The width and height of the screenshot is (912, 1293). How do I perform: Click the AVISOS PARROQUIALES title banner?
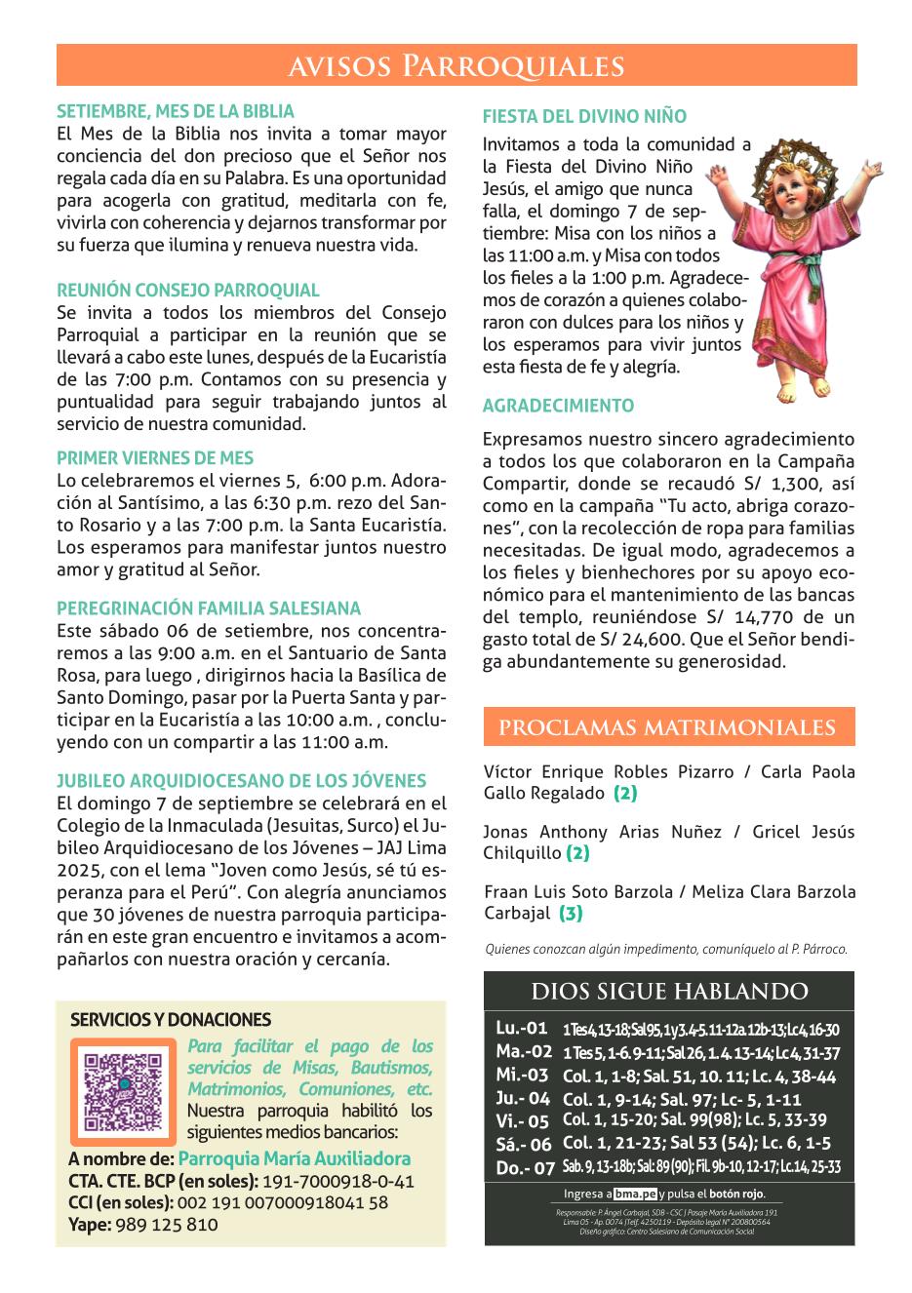(x=456, y=65)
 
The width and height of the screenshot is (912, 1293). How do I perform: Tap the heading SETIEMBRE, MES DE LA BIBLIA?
(x=175, y=112)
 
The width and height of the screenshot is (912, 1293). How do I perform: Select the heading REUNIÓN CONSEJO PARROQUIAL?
(x=188, y=291)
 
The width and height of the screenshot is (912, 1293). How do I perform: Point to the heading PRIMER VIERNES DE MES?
(x=155, y=458)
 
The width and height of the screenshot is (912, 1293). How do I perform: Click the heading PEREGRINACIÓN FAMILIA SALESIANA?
(x=209, y=608)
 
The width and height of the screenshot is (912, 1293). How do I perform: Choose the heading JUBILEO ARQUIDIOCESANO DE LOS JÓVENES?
(x=242, y=781)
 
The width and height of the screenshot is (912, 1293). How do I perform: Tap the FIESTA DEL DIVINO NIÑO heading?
(x=584, y=117)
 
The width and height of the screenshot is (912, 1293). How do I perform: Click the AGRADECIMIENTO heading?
(x=558, y=406)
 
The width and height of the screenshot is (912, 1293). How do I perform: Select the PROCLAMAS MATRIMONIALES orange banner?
(x=668, y=727)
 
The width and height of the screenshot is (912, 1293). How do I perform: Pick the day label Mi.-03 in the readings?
(x=522, y=1076)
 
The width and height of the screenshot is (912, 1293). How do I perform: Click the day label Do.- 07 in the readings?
(x=524, y=1167)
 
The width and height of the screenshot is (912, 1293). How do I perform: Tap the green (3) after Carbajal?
(x=571, y=914)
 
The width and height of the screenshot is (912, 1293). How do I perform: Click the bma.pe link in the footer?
(x=635, y=1195)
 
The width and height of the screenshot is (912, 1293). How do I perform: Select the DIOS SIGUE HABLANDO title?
(x=669, y=993)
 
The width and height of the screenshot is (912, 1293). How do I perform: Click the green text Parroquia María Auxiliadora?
(x=295, y=1159)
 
